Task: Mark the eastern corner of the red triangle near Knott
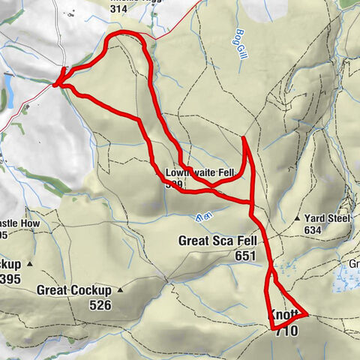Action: pyautogui.click(x=307, y=316)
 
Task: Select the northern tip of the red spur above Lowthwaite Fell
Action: pyautogui.click(x=244, y=138)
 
